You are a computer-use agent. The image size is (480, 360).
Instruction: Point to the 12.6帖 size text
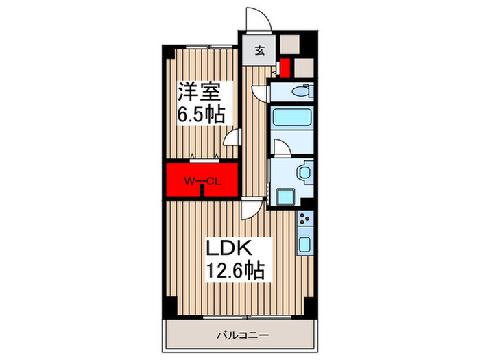(x=237, y=270)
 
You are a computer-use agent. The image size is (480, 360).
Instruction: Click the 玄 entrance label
(x=261, y=49)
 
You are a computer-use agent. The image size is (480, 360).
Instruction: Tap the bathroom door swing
(x=281, y=147)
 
